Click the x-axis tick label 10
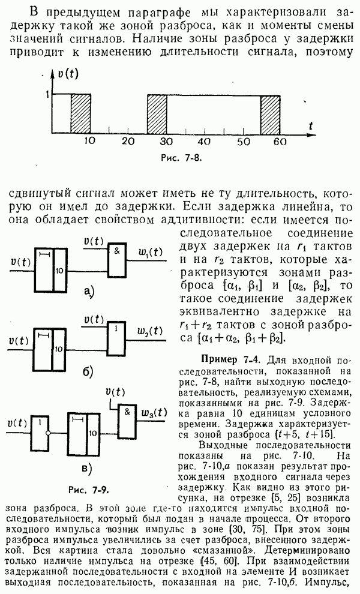[x=90, y=142]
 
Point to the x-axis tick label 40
[x=204, y=142]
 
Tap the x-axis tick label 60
[x=280, y=142]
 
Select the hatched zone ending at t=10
[x=81, y=113]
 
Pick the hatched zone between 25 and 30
[x=157, y=113]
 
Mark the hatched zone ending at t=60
[x=270, y=113]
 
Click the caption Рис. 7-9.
[x=89, y=490]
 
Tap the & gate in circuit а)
[x=117, y=260]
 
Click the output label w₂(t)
[x=149, y=331]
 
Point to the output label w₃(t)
[x=154, y=413]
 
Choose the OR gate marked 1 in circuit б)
[x=116, y=338]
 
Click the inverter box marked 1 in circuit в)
[x=40, y=432]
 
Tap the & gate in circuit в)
[x=127, y=421]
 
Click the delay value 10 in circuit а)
[x=59, y=271]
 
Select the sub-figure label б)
[x=88, y=373]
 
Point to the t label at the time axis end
[x=311, y=126]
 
